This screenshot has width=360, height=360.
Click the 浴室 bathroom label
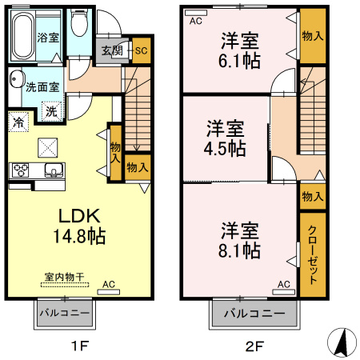(46, 38)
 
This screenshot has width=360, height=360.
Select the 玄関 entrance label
(111, 50)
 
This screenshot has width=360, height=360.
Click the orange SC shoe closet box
(141, 50)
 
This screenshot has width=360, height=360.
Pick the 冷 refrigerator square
(18, 122)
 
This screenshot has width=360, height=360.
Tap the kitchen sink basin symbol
(54, 169)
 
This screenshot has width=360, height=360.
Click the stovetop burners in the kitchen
(20, 170)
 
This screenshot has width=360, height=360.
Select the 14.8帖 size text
(76, 236)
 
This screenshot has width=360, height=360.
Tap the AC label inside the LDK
(108, 284)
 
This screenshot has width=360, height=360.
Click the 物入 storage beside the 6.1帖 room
(313, 37)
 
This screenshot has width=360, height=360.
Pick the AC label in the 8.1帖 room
(283, 284)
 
